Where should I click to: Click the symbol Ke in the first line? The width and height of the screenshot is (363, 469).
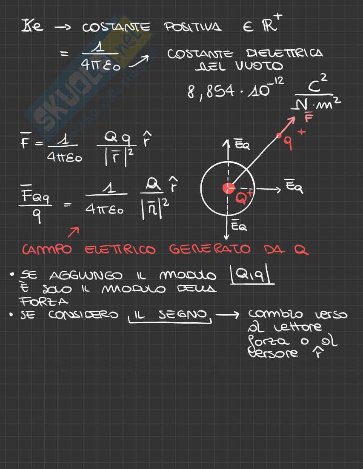32,28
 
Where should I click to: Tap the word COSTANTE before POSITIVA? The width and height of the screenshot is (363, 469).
116,28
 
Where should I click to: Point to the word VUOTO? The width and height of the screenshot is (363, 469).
257,66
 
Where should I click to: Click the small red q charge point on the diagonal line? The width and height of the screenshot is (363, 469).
279,136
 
